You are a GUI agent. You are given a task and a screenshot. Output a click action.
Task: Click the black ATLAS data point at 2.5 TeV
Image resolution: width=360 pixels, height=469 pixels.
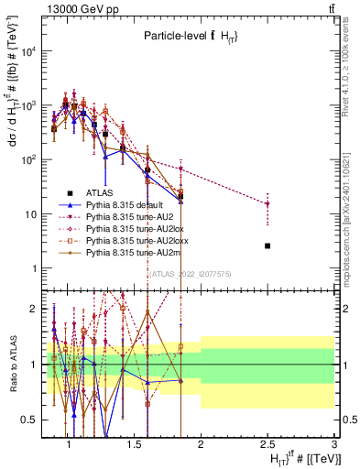coord(267,245)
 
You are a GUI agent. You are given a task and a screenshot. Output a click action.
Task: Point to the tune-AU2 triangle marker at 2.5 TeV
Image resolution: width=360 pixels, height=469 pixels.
coord(267,204)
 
